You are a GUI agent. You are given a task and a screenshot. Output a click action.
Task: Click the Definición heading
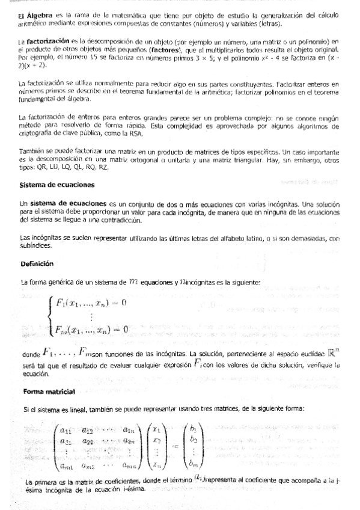37,263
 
